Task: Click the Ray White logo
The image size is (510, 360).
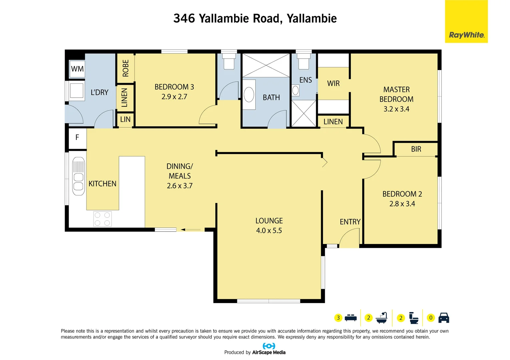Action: [x=466, y=35]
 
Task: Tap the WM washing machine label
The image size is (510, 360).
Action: [x=77, y=69]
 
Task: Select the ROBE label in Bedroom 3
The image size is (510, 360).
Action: [x=126, y=68]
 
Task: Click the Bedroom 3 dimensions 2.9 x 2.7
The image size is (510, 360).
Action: [x=174, y=97]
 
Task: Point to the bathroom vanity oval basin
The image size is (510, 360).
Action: [x=249, y=95]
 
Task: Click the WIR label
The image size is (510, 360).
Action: [x=333, y=83]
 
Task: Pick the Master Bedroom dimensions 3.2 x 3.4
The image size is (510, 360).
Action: [x=396, y=109]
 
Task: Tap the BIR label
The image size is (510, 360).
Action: [x=416, y=149]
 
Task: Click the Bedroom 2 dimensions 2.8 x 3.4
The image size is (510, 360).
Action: [x=402, y=204]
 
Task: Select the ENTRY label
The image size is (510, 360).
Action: [x=350, y=222]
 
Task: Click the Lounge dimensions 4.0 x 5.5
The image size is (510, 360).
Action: [x=269, y=230]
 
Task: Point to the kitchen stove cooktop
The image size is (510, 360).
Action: [x=102, y=219]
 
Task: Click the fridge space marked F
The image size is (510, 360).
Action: [x=77, y=137]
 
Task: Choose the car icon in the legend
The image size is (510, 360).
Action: [x=444, y=318]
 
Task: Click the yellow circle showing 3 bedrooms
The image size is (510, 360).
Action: [x=338, y=318]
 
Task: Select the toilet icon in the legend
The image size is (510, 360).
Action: [x=414, y=318]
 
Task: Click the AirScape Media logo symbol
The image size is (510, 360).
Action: [x=269, y=346]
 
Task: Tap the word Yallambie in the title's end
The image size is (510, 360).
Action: [x=312, y=18]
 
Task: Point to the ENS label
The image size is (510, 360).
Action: [x=306, y=80]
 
